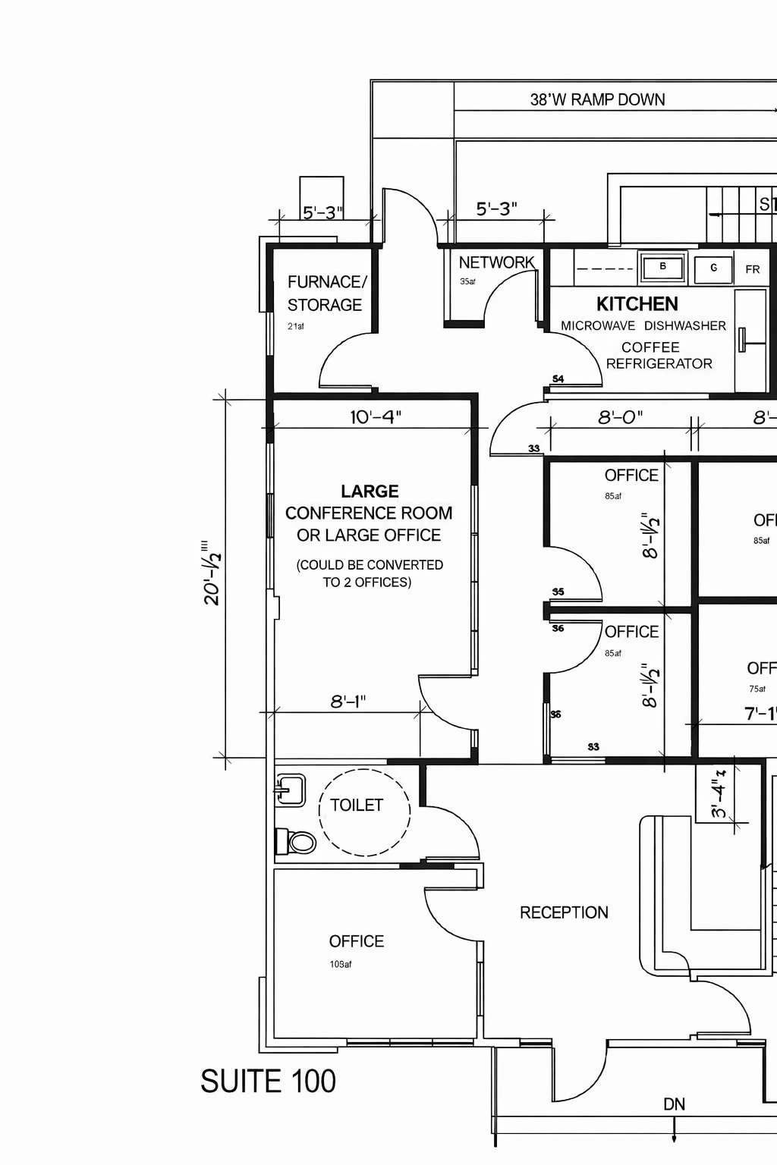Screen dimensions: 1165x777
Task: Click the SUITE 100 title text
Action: tap(268, 1082)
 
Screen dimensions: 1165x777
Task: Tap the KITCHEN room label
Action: tap(637, 304)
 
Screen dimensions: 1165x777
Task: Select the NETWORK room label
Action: tap(496, 262)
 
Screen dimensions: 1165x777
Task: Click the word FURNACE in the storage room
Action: tap(326, 282)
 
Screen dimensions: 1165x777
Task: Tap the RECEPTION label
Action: tap(564, 912)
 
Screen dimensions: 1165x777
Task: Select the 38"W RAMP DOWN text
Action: tap(597, 99)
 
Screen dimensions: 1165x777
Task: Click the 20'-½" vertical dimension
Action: tap(212, 573)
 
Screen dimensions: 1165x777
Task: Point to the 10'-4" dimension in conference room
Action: tap(375, 417)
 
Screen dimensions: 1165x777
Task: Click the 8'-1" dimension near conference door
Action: tap(348, 702)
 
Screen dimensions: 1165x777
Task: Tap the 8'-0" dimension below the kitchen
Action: tap(620, 417)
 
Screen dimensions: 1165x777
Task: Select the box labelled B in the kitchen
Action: tap(662, 267)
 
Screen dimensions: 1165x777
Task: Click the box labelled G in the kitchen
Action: tap(713, 268)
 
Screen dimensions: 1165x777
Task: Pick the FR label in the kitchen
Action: tap(752, 269)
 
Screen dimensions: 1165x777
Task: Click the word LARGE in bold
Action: tap(370, 491)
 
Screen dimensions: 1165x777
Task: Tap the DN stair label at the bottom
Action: tap(674, 1104)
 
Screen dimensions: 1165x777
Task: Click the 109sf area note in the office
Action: tap(341, 964)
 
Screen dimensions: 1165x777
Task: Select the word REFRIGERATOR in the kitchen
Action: tap(659, 363)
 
